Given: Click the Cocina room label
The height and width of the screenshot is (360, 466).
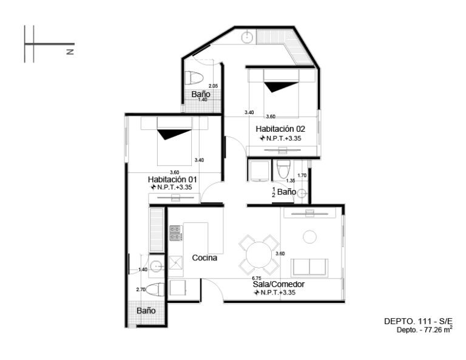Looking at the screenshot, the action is [204, 258].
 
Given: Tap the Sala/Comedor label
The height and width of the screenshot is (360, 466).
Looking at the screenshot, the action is [279, 284].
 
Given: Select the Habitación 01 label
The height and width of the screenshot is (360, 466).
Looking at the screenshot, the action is [172, 180].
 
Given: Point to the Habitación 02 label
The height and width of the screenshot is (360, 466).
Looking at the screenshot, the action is [280, 129].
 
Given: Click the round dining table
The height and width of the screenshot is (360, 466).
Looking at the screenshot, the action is [259, 255].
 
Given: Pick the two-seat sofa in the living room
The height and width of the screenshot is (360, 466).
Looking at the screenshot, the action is [309, 268].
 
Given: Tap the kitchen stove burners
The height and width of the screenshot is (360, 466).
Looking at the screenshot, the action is [175, 233].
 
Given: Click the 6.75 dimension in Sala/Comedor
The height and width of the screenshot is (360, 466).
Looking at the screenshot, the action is [257, 278].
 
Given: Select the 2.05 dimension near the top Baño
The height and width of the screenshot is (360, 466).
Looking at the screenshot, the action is [213, 86].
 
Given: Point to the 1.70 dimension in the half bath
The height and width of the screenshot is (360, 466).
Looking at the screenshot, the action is [302, 175].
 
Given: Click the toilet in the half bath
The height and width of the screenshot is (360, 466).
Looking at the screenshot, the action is [282, 169].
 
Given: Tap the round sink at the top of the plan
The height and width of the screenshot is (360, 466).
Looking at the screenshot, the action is [248, 38].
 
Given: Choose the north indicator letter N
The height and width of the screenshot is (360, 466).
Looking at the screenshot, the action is [70, 52].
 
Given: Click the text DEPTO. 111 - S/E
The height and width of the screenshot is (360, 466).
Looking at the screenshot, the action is [418, 321].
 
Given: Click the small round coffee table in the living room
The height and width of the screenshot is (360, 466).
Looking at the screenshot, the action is [309, 237].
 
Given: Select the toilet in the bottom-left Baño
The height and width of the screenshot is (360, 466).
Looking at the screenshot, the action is [155, 290].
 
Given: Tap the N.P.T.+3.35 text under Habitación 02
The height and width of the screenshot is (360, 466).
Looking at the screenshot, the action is [280, 138].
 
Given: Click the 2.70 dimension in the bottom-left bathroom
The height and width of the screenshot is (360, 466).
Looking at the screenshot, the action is [141, 289].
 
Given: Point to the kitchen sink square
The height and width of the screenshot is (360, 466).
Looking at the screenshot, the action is [175, 263].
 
